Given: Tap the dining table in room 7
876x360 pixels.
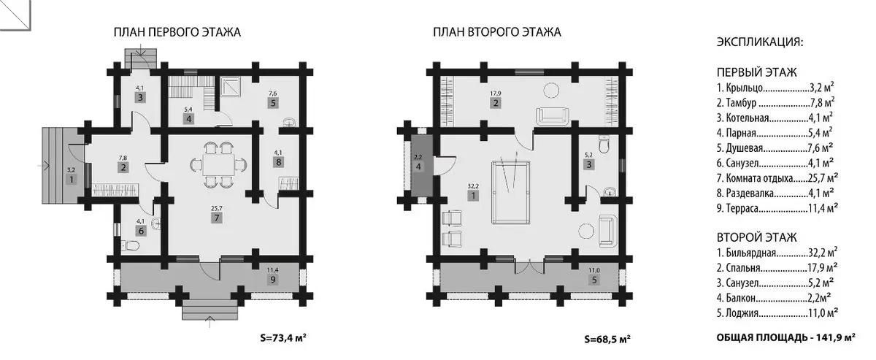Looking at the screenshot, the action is pyautogui.click(x=218, y=165).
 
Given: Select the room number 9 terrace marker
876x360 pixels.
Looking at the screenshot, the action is pyautogui.click(x=272, y=280).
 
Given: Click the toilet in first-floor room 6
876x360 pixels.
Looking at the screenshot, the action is pyautogui.click(x=131, y=245).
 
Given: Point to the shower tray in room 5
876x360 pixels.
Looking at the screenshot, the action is pyautogui.click(x=230, y=86).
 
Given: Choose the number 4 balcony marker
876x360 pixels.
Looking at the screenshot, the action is pyautogui.click(x=418, y=166).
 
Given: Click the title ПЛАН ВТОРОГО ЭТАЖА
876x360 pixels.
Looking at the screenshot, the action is pyautogui.click(x=496, y=32).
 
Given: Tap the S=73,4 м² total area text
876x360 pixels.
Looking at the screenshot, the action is pyautogui.click(x=283, y=337).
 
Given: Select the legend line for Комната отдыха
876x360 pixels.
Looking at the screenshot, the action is pyautogui.click(x=777, y=178).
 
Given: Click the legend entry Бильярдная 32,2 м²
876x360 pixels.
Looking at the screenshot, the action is pyautogui.click(x=777, y=253).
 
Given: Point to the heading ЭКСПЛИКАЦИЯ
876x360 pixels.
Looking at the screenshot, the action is pyautogui.click(x=760, y=42).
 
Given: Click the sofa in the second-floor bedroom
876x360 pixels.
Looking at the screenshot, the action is pyautogui.click(x=551, y=116).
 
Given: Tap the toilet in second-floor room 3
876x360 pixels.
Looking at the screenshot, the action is pyautogui.click(x=604, y=145).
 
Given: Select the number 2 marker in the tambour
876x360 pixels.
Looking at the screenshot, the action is pyautogui.click(x=123, y=168).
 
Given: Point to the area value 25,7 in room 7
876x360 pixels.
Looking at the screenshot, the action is pyautogui.click(x=216, y=209).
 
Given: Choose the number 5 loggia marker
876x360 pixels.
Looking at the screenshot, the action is pyautogui.click(x=594, y=280).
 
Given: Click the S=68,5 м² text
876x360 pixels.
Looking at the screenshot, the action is pyautogui.click(x=607, y=340).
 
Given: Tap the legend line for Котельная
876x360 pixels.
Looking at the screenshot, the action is pyautogui.click(x=775, y=118).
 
